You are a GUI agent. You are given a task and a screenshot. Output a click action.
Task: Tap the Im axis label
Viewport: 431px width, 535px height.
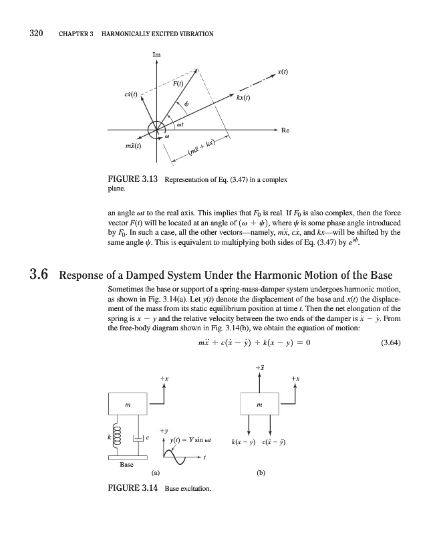156,53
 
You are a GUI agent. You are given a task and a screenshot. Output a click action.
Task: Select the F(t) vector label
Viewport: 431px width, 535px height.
178,84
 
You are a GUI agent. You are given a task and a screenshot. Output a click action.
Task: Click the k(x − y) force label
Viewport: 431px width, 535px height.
244,442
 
